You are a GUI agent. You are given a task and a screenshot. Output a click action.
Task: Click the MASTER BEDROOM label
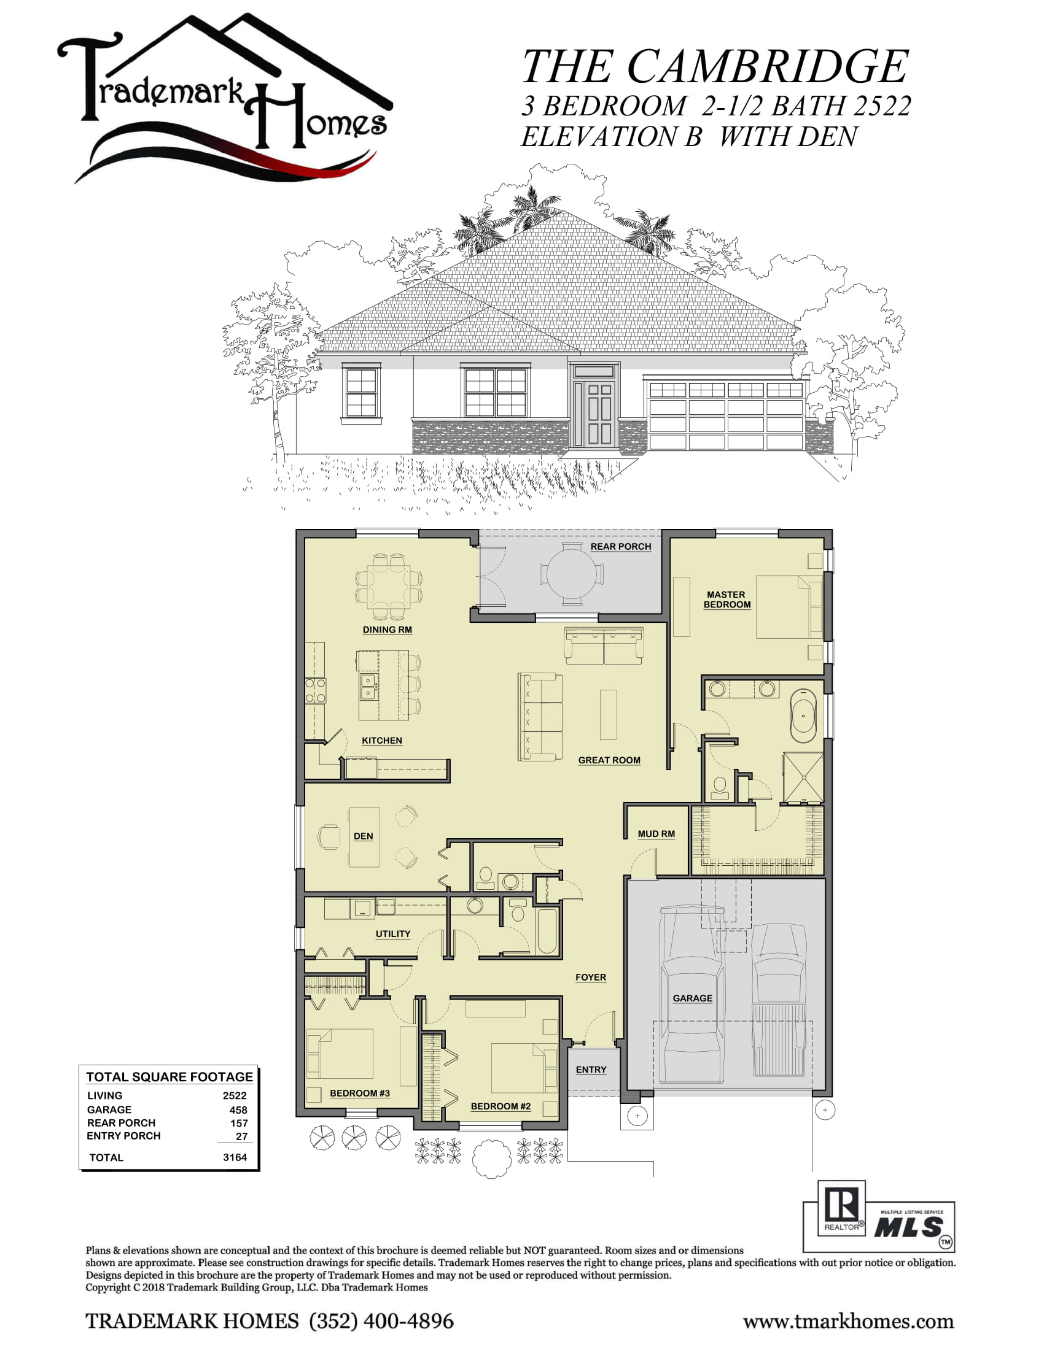[727, 600]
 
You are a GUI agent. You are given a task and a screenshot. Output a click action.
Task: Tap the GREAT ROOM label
[609, 760]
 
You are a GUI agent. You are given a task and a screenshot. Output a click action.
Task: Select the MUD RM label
[656, 834]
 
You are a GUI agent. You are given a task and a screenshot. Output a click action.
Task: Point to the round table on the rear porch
[572, 573]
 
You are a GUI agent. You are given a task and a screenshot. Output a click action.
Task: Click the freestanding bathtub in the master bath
[803, 715]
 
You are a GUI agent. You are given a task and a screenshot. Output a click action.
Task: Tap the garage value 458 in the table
[238, 1109]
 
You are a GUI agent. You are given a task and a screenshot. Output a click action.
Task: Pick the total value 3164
[235, 1157]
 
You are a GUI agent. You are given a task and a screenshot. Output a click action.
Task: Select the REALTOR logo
[842, 1207]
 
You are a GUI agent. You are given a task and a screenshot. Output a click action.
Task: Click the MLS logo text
[908, 1228]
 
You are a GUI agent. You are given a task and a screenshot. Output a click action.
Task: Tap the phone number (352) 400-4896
[381, 1321]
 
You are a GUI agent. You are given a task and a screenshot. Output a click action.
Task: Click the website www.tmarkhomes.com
[848, 1322]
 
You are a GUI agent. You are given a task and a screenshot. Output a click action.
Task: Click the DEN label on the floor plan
[363, 836]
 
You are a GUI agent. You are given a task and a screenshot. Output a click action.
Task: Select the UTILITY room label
[393, 934]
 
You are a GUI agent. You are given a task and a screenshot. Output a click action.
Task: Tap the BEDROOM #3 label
[359, 1093]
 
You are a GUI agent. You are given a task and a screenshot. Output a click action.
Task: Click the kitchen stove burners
[316, 690]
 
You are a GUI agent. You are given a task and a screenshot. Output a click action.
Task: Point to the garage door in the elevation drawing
[726, 415]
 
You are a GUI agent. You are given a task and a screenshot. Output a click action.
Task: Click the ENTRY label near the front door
[591, 1070]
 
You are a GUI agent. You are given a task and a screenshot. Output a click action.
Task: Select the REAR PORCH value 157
[239, 1123]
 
